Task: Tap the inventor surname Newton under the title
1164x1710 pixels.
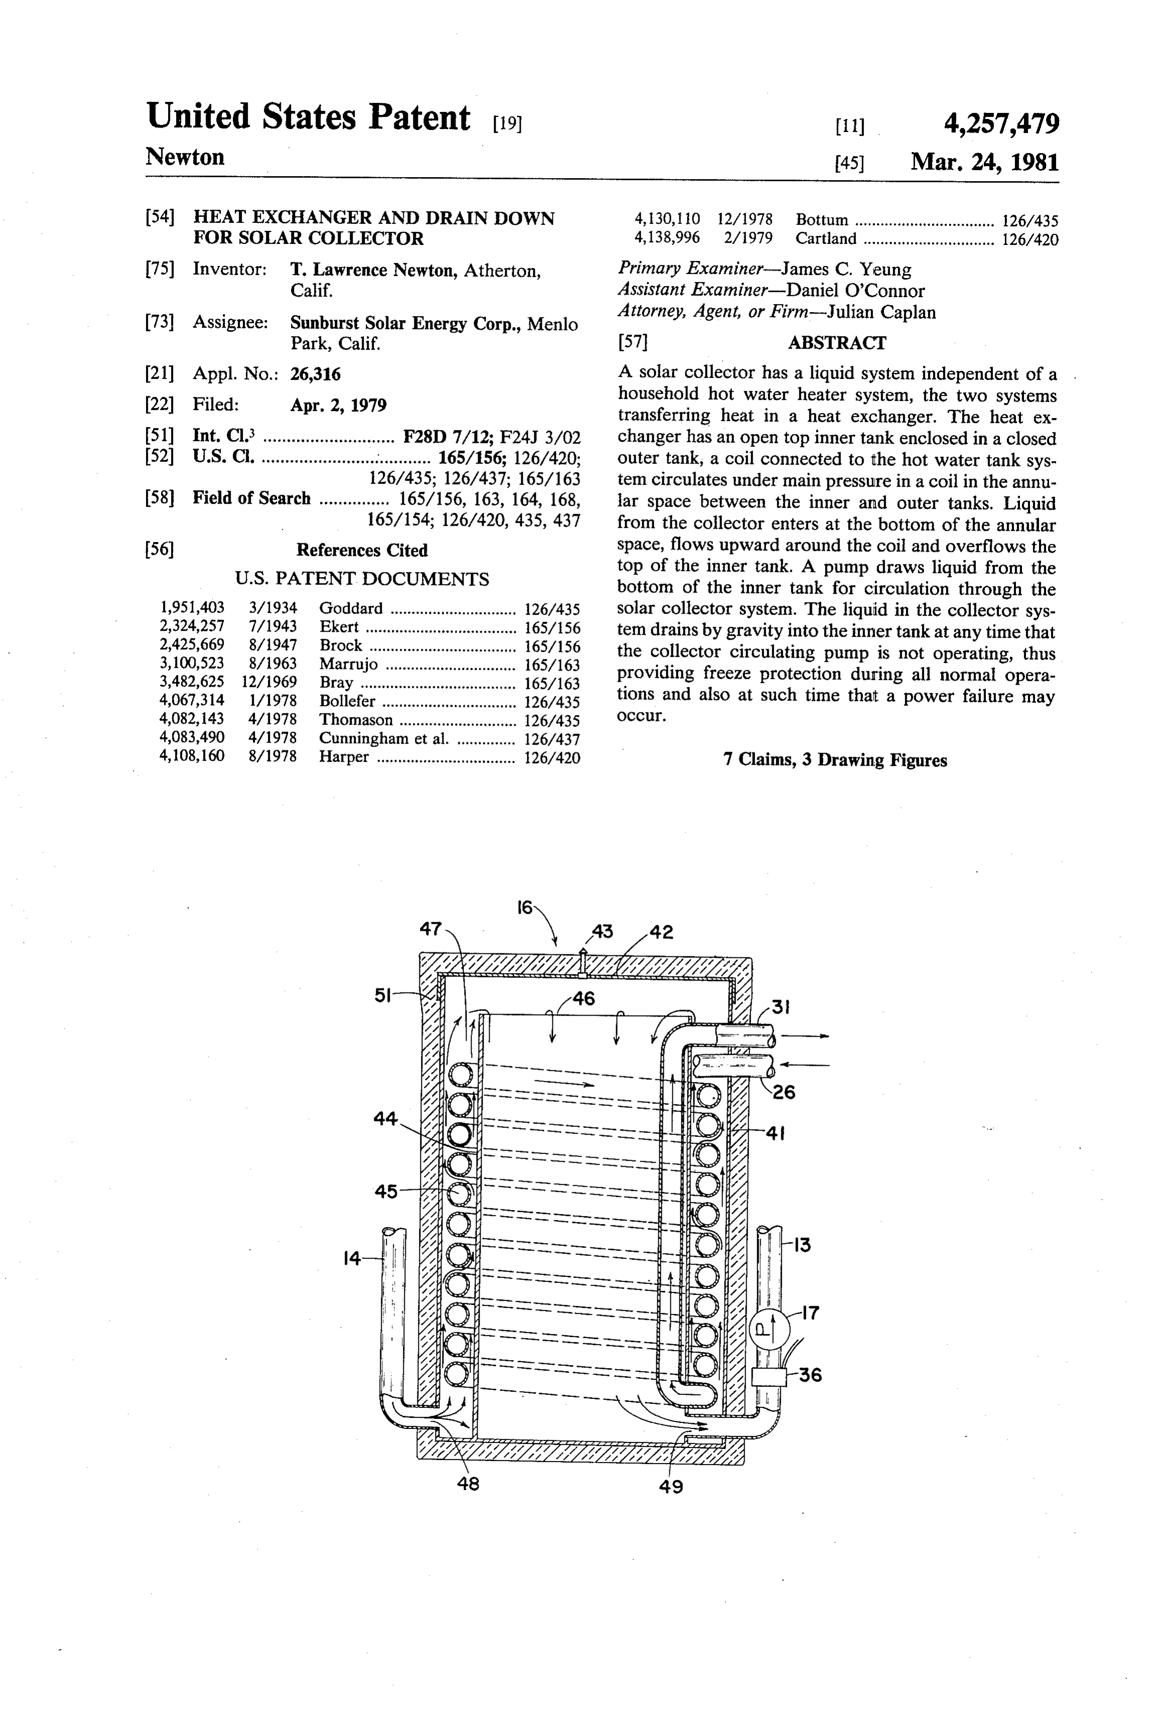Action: (x=186, y=157)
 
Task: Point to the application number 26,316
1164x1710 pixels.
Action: (x=316, y=374)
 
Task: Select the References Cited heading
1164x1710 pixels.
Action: (x=362, y=550)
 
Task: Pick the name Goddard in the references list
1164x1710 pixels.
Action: (x=351, y=609)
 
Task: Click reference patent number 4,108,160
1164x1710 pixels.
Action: (x=192, y=756)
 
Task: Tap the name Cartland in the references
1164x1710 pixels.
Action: (x=825, y=238)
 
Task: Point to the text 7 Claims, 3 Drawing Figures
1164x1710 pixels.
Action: (x=835, y=760)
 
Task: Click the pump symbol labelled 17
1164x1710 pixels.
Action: (x=768, y=1330)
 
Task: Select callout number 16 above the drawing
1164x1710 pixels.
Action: (x=525, y=907)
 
